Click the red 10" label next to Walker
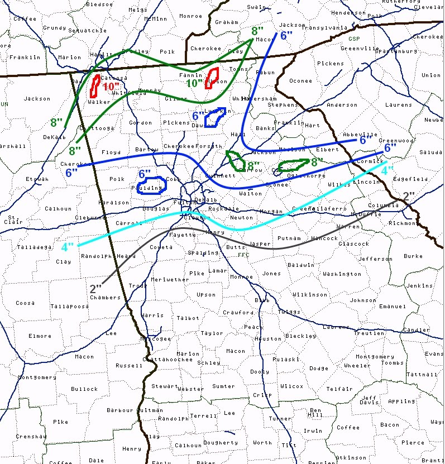pyautogui.click(x=112, y=87)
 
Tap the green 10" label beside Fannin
pyautogui.click(x=194, y=83)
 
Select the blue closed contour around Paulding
pyautogui.click(x=151, y=185)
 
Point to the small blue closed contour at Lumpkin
pyautogui.click(x=215, y=117)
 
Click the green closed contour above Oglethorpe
pyautogui.click(x=294, y=165)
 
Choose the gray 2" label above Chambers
pyautogui.click(x=96, y=288)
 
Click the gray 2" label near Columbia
pyautogui.click(x=409, y=195)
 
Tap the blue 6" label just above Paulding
pyautogui.click(x=145, y=174)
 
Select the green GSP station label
pyautogui.click(x=353, y=39)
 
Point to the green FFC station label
pyautogui.click(x=243, y=255)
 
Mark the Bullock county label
pyautogui.click(x=84, y=389)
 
